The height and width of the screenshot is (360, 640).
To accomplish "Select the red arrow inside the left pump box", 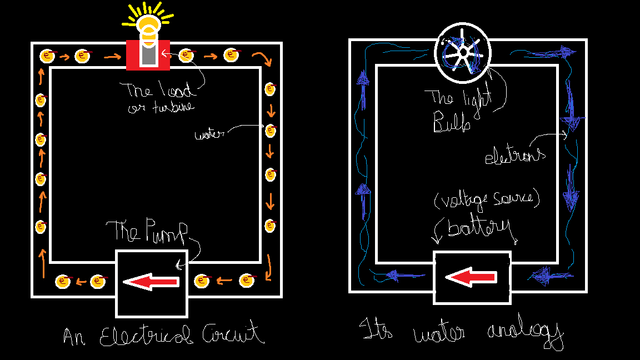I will pos(151,282).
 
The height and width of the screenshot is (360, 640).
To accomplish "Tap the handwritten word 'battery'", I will pos(478,229).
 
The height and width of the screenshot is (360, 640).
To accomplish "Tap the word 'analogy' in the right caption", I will pos(526,334).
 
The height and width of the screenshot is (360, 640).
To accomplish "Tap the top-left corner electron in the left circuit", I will pos(48,56).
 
